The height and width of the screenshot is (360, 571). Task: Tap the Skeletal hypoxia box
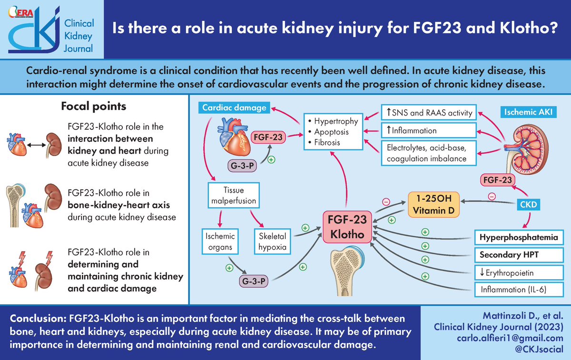270,241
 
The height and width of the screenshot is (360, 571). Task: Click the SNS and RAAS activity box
428,112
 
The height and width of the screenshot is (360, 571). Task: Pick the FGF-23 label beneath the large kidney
498,180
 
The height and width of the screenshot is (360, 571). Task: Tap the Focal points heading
94,106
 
